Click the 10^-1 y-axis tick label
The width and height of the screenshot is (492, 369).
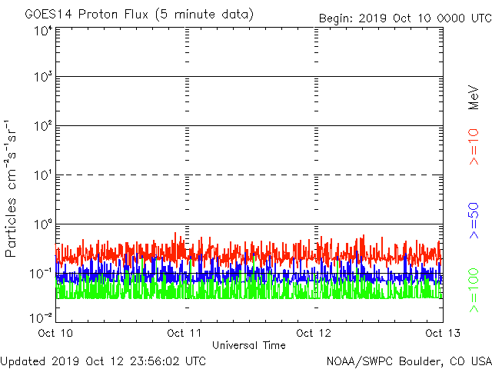click(x=42, y=273)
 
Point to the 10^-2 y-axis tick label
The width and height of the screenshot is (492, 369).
click(x=42, y=317)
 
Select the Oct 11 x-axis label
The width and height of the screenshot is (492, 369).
click(x=185, y=333)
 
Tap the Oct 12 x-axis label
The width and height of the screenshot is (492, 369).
click(x=314, y=333)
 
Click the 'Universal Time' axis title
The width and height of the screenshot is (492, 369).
click(x=249, y=345)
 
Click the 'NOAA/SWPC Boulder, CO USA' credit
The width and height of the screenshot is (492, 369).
click(x=408, y=360)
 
